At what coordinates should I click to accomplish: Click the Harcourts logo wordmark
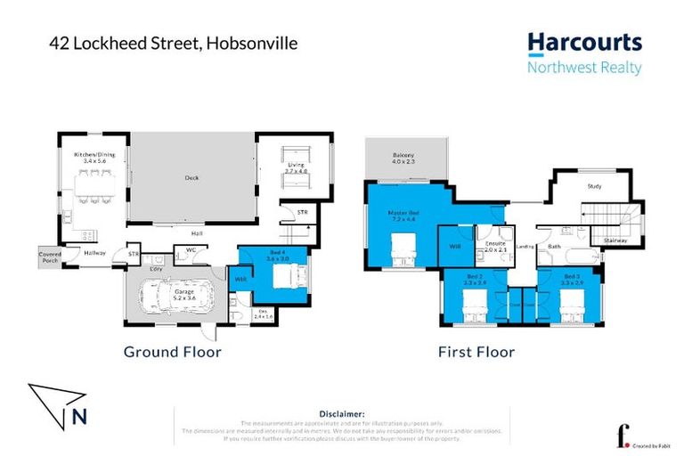click(x=584, y=42)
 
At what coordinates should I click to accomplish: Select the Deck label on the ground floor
click(x=191, y=177)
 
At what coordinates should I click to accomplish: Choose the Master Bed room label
click(x=403, y=216)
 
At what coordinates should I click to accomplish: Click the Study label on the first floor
click(x=596, y=187)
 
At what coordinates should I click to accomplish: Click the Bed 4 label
click(x=279, y=255)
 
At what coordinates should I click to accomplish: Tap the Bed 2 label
click(x=476, y=279)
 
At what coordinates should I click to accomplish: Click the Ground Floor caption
click(x=172, y=352)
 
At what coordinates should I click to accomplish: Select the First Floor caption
click(x=476, y=352)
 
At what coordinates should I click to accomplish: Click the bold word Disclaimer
click(x=341, y=414)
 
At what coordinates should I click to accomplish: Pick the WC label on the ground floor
click(x=190, y=250)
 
